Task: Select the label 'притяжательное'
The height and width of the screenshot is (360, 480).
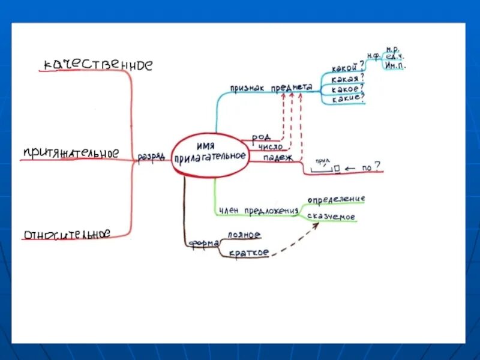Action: point(70,154)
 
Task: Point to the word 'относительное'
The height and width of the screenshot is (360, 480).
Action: point(67,234)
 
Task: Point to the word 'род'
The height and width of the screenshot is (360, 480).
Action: point(260,137)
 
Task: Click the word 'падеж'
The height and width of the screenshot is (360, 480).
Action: point(278,158)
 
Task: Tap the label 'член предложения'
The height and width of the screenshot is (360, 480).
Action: point(259,210)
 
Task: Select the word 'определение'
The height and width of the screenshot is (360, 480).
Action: point(336,199)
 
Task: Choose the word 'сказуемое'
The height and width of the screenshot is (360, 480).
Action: point(331,217)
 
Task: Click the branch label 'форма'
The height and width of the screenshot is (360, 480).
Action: point(203,243)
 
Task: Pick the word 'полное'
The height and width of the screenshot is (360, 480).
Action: point(244,235)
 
